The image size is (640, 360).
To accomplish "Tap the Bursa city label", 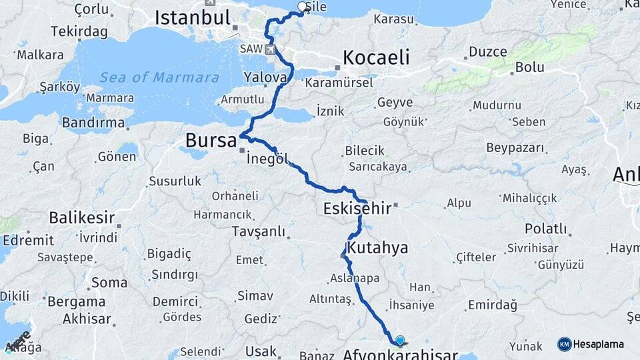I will (211, 141).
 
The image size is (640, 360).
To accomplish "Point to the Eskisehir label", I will (357, 209).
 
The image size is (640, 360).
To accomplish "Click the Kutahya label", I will (378, 248).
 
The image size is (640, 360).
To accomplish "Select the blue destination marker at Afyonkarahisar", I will (399, 340).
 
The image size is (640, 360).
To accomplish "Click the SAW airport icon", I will (270, 49).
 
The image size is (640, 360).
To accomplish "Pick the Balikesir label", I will (81, 217).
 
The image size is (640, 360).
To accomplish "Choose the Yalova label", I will (265, 77).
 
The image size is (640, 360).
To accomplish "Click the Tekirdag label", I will (79, 32).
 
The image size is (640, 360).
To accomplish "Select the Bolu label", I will (530, 67).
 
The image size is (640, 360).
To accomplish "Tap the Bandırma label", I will (93, 123).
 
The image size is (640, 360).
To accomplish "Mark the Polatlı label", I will (545, 229).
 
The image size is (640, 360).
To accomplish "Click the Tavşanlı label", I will (258, 231).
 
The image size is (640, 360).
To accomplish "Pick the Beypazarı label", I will (517, 147).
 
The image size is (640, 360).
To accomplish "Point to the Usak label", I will (261, 351).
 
